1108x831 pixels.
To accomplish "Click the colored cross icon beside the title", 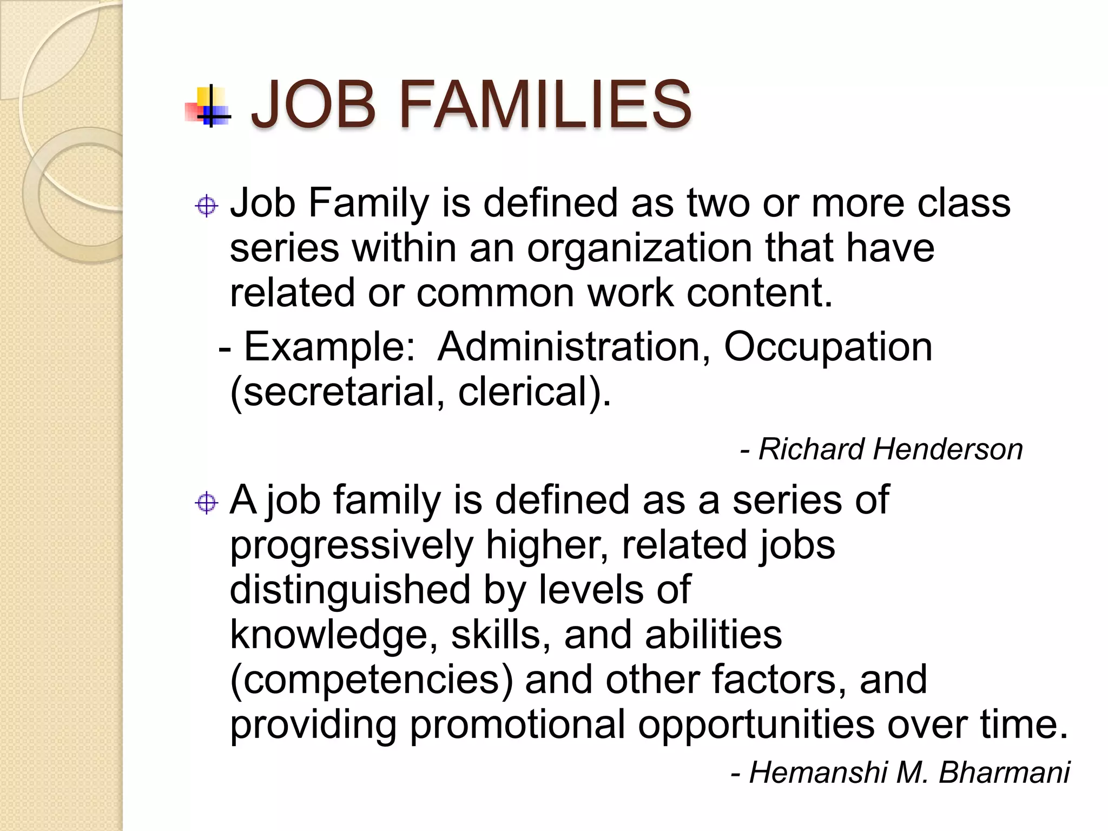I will pyautogui.click(x=208, y=106).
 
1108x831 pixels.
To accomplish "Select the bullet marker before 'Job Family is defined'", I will pyautogui.click(x=206, y=206).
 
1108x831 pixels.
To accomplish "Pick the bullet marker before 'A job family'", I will pyautogui.click(x=206, y=503).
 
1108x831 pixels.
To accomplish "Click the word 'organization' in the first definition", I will pyautogui.click(x=639, y=249).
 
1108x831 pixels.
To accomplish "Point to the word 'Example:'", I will pyautogui.click(x=329, y=347).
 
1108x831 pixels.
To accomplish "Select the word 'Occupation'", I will pyautogui.click(x=828, y=347).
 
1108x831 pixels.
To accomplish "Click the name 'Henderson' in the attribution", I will pyautogui.click(x=947, y=449).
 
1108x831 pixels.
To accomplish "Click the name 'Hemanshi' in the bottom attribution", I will pyautogui.click(x=818, y=772).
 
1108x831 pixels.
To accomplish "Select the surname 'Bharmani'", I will pyautogui.click(x=1004, y=772).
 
